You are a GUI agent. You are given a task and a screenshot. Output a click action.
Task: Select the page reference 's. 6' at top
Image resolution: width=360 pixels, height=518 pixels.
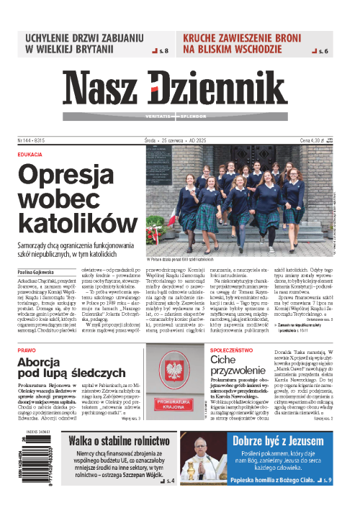coord(324,52)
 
